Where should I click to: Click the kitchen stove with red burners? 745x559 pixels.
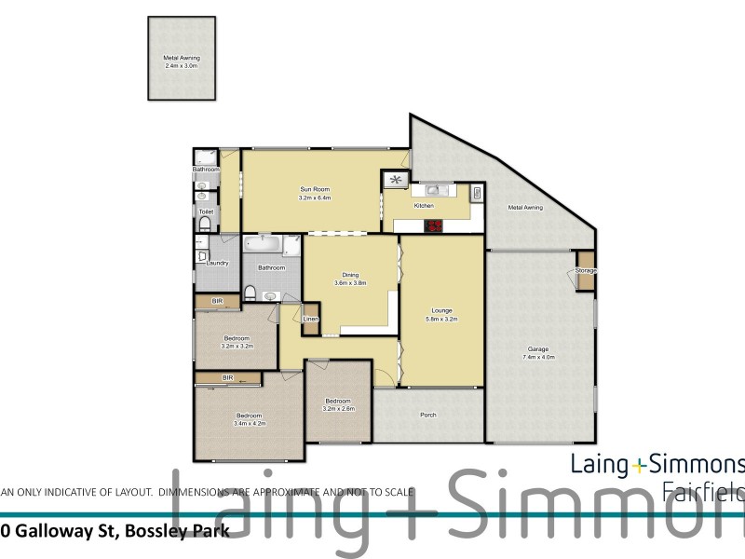point(436,225)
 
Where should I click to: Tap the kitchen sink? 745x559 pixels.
point(433,191)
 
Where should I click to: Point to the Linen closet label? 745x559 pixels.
point(311,320)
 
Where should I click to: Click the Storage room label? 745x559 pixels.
point(585,270)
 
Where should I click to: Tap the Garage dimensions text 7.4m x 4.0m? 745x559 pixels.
point(538,357)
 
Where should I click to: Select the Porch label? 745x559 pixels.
point(428,415)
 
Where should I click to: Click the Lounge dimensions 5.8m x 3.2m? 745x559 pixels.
point(441,320)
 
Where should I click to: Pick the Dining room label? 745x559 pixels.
point(350,275)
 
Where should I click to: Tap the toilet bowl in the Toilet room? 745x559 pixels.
point(205,225)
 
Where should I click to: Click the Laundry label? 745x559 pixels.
point(217,263)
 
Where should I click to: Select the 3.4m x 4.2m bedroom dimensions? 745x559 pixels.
point(250,423)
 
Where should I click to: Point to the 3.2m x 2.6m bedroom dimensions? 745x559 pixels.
point(337,408)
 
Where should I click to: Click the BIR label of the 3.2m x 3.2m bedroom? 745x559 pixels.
point(218,301)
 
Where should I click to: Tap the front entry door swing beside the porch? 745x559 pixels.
point(381,378)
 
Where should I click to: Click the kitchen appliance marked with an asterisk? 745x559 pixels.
point(397,179)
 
